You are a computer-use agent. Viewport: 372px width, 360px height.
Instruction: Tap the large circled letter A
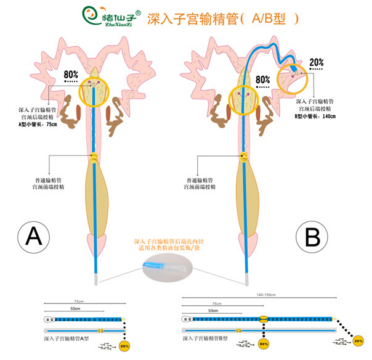[36, 236]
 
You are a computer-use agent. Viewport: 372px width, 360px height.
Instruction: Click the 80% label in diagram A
[71, 75]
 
